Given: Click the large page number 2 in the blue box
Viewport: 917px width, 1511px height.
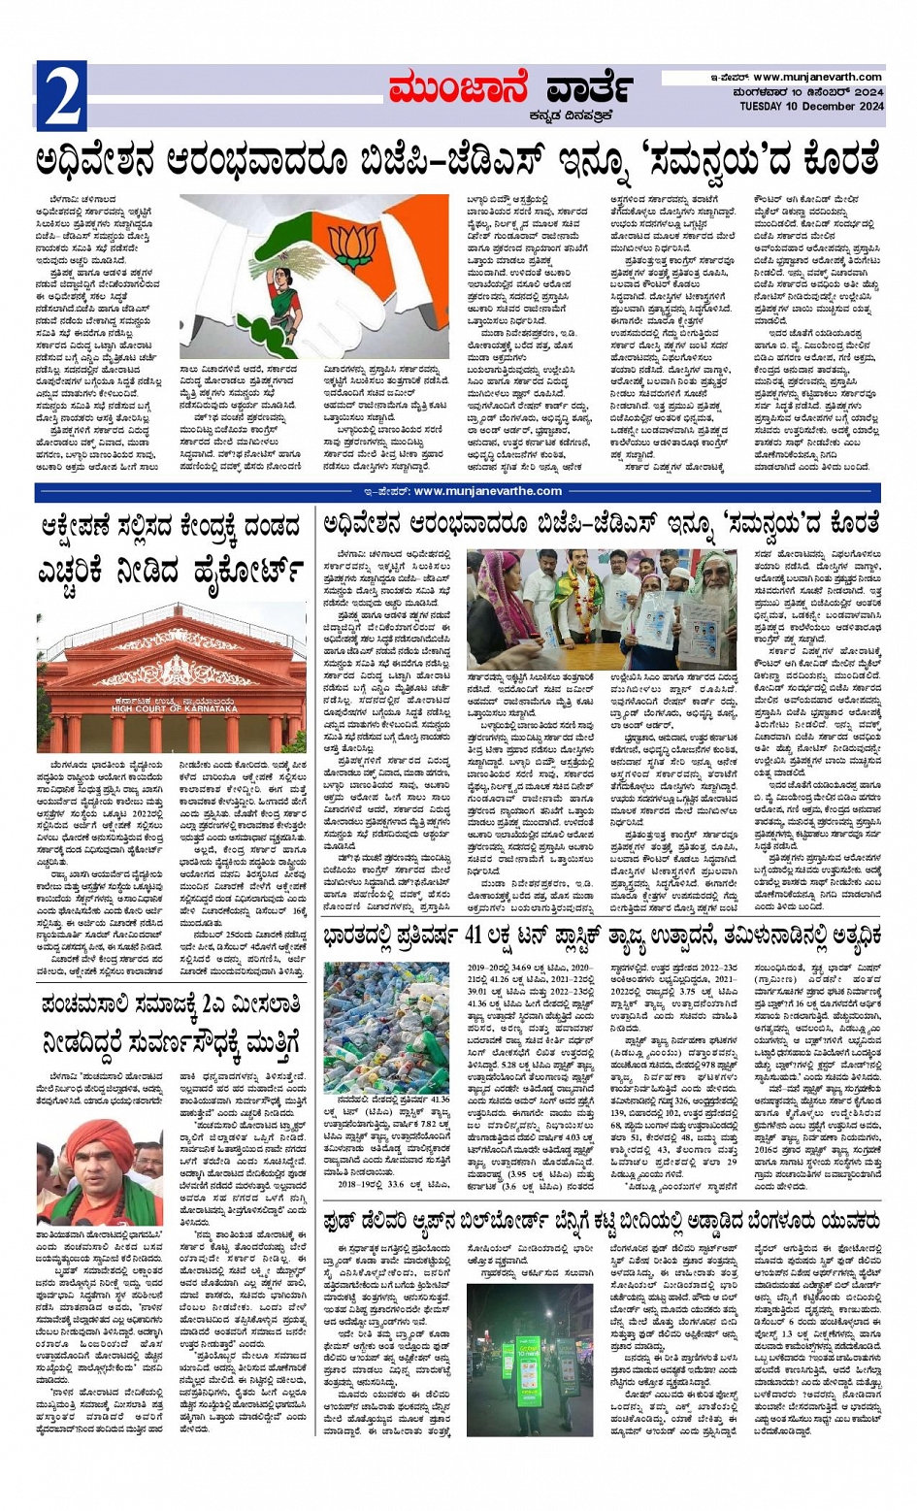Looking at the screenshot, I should click(x=61, y=96).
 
